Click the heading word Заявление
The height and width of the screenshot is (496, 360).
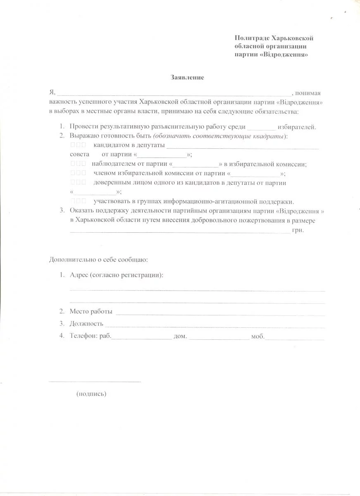[x=187, y=77]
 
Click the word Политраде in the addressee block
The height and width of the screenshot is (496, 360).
[x=252, y=38]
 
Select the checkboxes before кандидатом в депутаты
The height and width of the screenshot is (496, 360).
[x=78, y=145]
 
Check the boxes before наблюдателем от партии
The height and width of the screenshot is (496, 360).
[x=78, y=164]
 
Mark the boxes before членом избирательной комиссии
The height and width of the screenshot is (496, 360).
[x=78, y=173]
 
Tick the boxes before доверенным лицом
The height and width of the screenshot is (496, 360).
[x=78, y=182]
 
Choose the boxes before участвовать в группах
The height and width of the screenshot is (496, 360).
[x=78, y=201]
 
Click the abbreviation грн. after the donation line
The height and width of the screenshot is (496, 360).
[x=298, y=230]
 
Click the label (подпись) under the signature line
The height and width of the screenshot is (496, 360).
[x=91, y=394]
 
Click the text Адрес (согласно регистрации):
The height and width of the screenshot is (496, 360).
[x=117, y=275]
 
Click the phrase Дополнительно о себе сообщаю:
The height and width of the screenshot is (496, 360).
[x=98, y=260]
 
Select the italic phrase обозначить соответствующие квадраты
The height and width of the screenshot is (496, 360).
[x=219, y=136]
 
